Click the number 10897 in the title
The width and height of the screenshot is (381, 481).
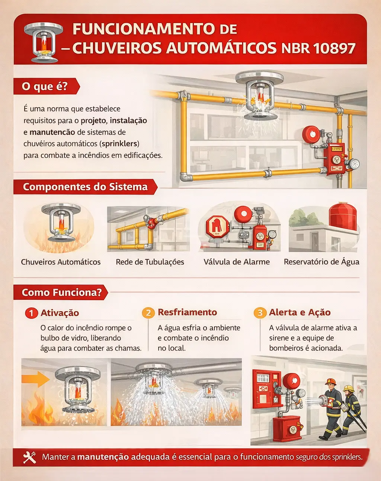(334, 49)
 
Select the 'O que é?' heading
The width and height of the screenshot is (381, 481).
(45, 87)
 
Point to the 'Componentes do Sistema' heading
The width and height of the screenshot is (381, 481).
(85, 187)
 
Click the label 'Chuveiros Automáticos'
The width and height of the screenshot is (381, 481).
(61, 262)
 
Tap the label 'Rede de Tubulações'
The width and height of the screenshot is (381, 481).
(150, 262)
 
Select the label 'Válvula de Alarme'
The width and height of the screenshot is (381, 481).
(237, 262)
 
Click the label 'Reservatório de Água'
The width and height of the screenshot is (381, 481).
(321, 262)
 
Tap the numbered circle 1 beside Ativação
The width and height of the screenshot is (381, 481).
(31, 313)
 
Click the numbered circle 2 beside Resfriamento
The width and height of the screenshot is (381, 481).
(148, 313)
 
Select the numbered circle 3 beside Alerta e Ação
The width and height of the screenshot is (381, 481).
(260, 313)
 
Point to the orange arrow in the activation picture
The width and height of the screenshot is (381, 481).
(35, 379)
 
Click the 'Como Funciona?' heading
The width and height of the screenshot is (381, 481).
(61, 293)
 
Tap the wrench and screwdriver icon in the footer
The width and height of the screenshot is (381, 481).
(29, 457)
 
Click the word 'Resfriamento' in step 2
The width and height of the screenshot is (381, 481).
(187, 312)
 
